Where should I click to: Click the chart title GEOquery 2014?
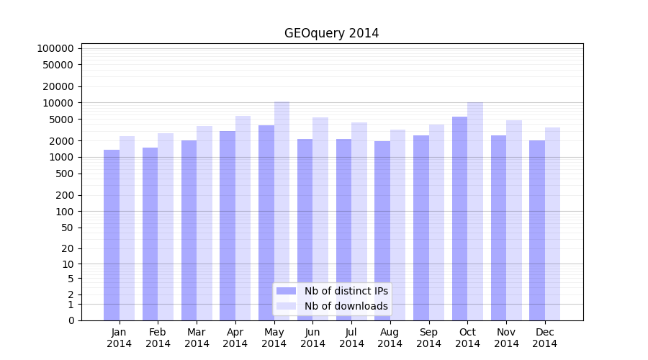click(x=331, y=33)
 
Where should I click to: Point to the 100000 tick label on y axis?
click(x=55, y=48)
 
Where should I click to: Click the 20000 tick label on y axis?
click(x=58, y=86)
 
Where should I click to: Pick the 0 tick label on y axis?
click(x=71, y=320)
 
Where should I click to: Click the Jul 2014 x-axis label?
click(x=351, y=338)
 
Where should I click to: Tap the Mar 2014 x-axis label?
click(x=197, y=338)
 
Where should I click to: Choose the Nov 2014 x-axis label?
click(x=506, y=338)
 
